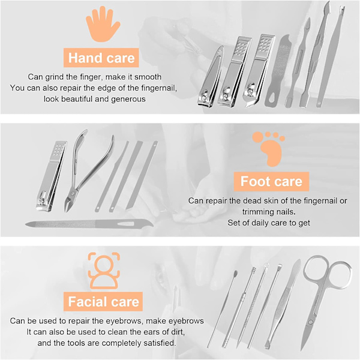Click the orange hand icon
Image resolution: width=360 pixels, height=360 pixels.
[103, 25]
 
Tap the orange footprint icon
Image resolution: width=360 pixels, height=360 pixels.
[269, 149]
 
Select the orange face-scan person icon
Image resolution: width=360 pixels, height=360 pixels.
[104, 271]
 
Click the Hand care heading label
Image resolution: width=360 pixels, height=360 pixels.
[101, 58]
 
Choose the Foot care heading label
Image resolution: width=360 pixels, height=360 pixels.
[271, 181]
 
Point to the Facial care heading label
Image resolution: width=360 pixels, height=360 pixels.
[103, 301]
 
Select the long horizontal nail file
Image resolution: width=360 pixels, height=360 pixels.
[89, 224]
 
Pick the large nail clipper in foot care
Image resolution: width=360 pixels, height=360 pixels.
[51, 176]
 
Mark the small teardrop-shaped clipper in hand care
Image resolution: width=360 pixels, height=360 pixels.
[210, 77]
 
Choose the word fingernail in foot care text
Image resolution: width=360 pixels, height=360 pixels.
[320, 200]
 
